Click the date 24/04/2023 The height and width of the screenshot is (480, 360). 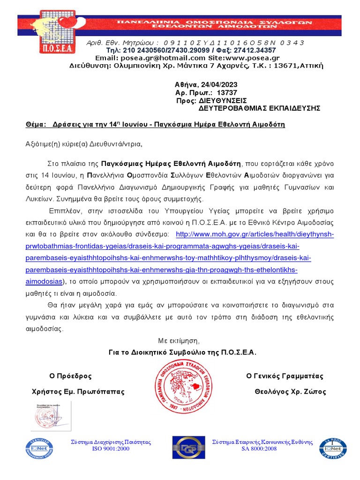tap(219, 85)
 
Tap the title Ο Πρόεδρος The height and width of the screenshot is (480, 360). tap(70, 376)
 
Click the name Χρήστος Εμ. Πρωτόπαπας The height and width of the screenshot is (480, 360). tap(78, 391)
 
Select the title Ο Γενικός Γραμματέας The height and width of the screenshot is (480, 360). tap(285, 376)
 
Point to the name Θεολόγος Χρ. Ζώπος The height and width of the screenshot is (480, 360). tap(290, 391)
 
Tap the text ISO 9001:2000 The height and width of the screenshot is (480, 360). tap(111, 449)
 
